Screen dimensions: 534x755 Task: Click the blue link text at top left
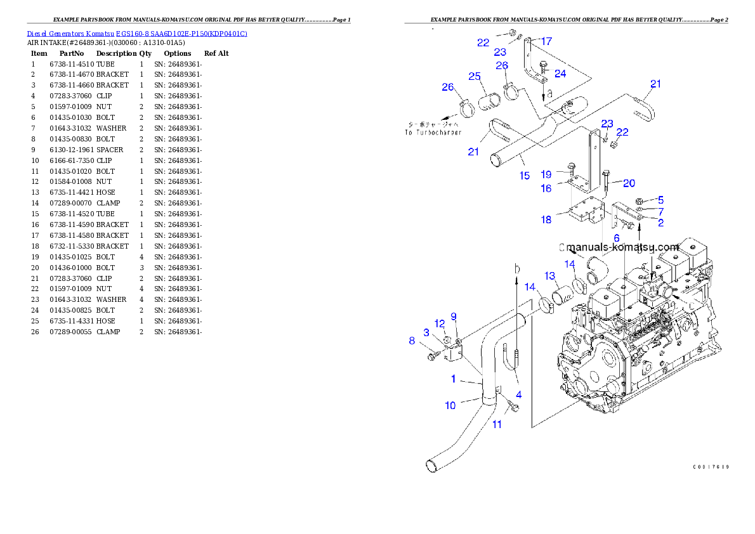tap(137, 33)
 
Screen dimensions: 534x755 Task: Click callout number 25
tap(474, 76)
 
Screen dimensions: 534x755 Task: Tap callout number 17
tap(546, 41)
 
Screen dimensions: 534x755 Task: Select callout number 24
tap(560, 74)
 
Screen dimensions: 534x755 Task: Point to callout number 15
tap(525, 176)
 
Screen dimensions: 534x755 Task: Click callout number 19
tap(546, 174)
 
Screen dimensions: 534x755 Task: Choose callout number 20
tap(629, 183)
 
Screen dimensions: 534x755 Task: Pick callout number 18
tap(546, 219)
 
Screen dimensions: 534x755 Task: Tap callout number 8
tap(412, 341)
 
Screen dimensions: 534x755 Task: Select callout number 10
tap(450, 405)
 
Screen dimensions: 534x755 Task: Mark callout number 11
tap(497, 424)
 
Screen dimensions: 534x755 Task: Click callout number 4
tap(518, 394)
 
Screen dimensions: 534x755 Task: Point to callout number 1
tap(454, 379)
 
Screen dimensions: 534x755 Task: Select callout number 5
tap(660, 200)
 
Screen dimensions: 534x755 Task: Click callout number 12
tap(440, 324)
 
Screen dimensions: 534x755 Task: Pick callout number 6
tap(616, 238)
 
